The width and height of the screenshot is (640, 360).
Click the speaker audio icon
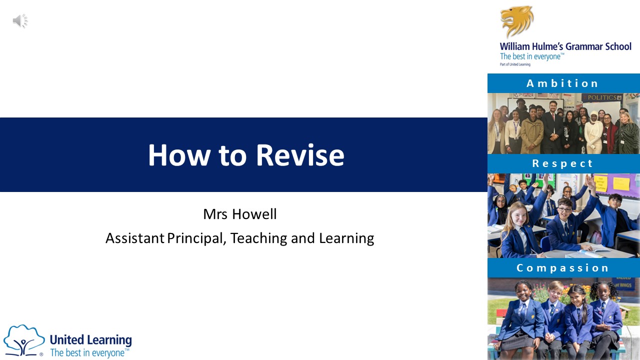[20, 21]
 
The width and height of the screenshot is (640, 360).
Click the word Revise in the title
[300, 155]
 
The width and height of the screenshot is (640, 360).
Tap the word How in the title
[179, 155]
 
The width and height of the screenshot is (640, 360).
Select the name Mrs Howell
[239, 214]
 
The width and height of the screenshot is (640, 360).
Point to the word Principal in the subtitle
[195, 238]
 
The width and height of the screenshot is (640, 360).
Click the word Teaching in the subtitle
[259, 238]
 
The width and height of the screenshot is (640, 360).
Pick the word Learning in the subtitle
[346, 238]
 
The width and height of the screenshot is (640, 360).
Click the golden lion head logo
[517, 21]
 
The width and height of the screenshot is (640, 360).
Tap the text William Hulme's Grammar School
[565, 46]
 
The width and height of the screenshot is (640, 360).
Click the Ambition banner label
[562, 83]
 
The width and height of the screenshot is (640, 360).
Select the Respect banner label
[562, 163]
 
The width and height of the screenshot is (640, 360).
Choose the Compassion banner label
[562, 268]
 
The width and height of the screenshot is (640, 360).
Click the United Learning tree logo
[24, 340]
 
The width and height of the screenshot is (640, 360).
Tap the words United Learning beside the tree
[91, 340]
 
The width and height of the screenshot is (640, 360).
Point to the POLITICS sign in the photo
[602, 97]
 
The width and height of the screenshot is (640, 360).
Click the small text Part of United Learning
[515, 64]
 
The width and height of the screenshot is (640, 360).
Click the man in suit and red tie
[552, 127]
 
